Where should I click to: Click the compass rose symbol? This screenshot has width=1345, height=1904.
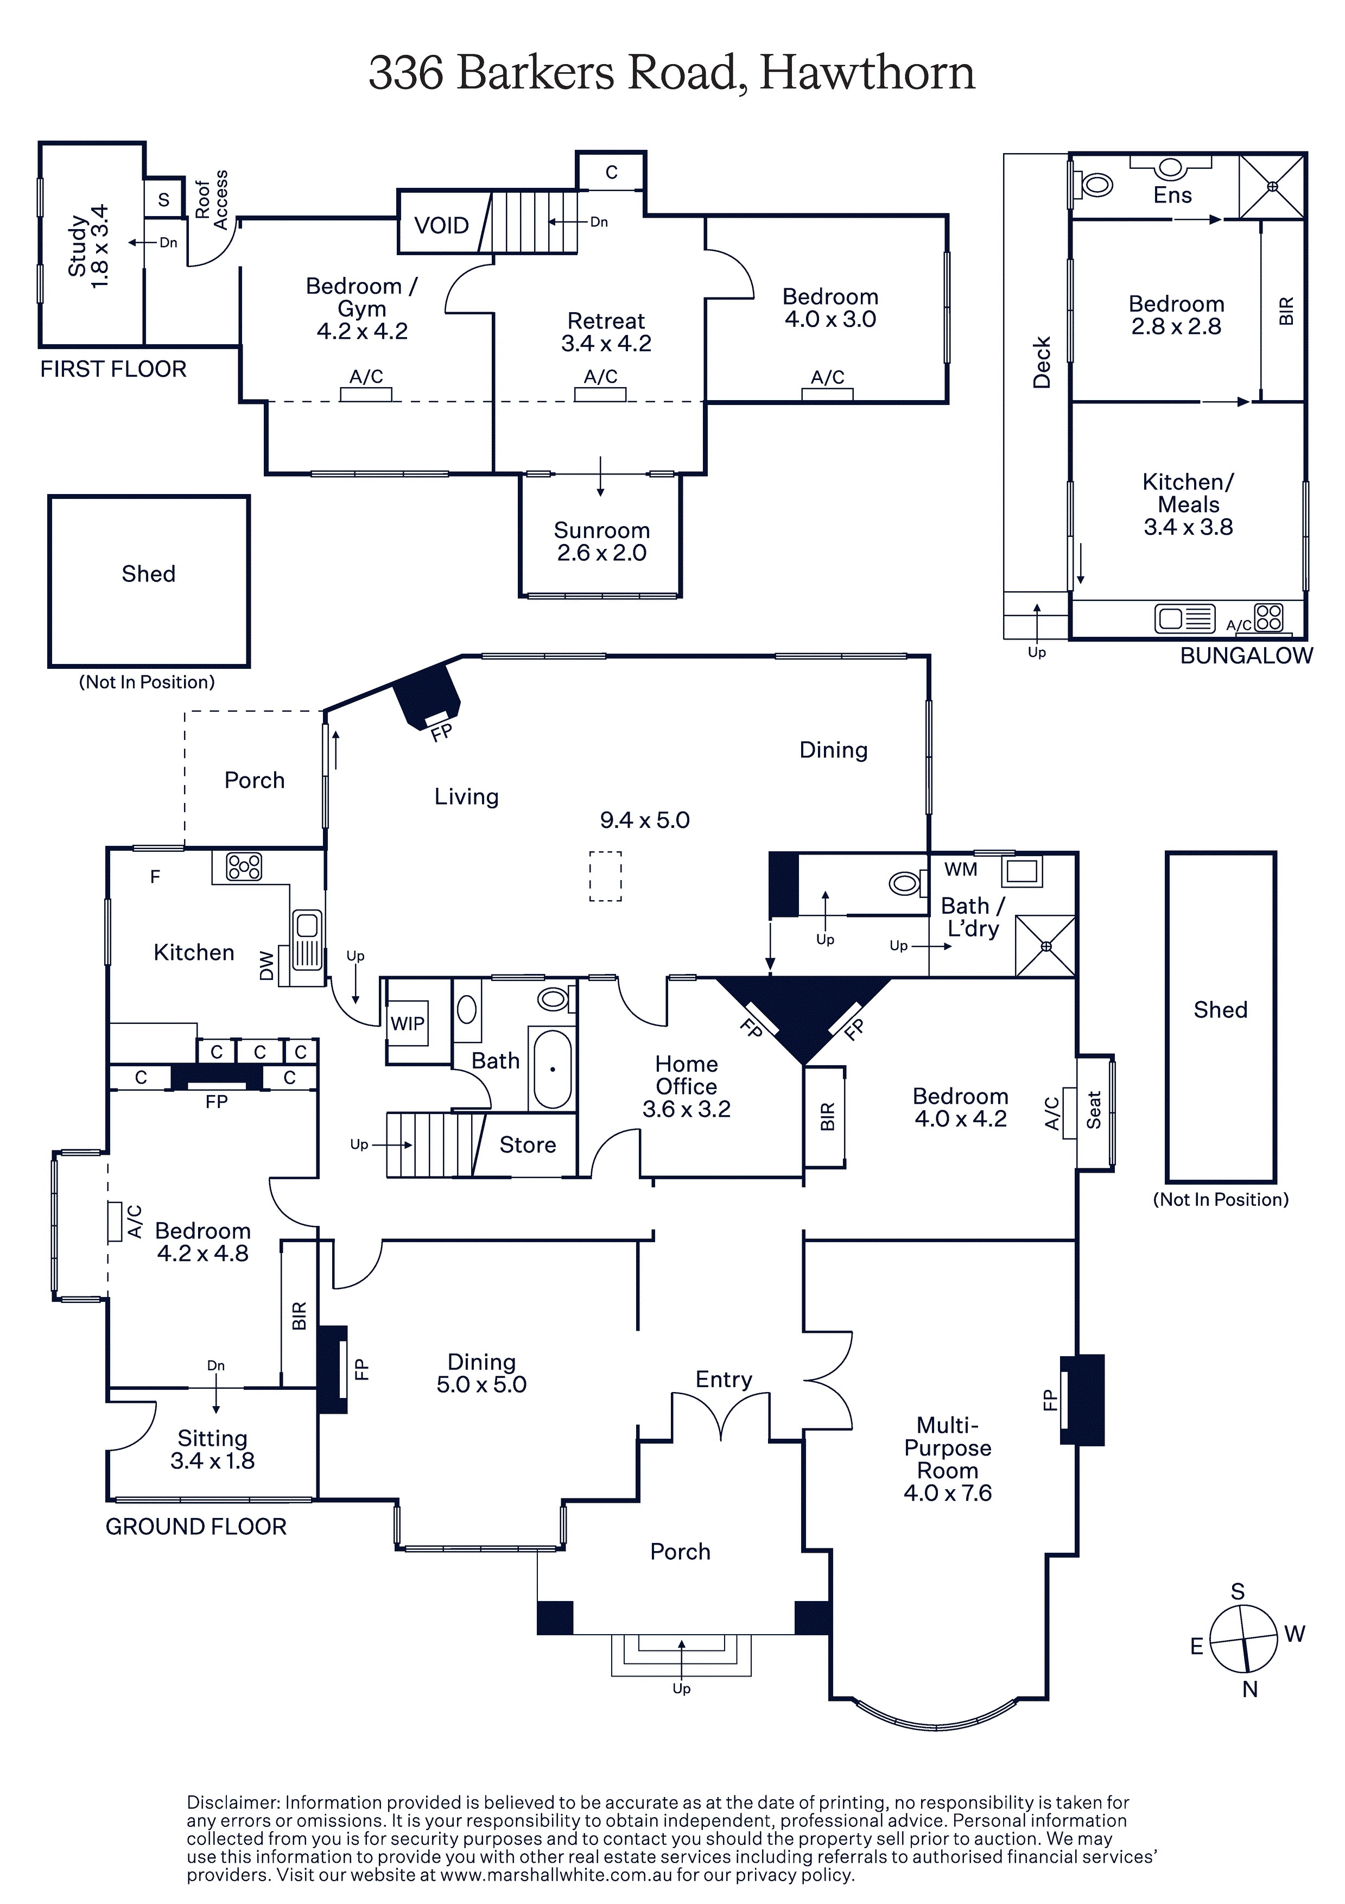point(1243,1640)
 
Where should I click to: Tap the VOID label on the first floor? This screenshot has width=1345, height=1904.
point(441,225)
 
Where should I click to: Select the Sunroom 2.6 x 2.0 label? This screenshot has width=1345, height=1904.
point(601,541)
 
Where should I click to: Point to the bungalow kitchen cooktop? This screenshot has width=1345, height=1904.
point(1268,617)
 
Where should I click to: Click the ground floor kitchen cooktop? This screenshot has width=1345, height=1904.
point(244,866)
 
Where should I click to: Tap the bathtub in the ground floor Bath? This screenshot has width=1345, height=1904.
point(552,1069)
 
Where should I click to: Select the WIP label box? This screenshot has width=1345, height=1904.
point(407,1023)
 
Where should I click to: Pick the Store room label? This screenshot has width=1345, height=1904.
point(528,1144)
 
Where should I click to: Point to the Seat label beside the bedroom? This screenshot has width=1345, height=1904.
point(1094,1110)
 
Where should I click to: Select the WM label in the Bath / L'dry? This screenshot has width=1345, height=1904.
point(961,869)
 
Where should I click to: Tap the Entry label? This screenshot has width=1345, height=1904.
point(724,1380)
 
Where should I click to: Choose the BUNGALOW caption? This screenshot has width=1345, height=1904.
point(1246,655)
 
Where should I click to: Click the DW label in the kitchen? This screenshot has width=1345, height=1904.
point(266,966)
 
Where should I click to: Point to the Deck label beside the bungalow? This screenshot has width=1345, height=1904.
point(1042,362)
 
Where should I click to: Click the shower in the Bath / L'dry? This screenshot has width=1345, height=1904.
point(1045,945)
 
